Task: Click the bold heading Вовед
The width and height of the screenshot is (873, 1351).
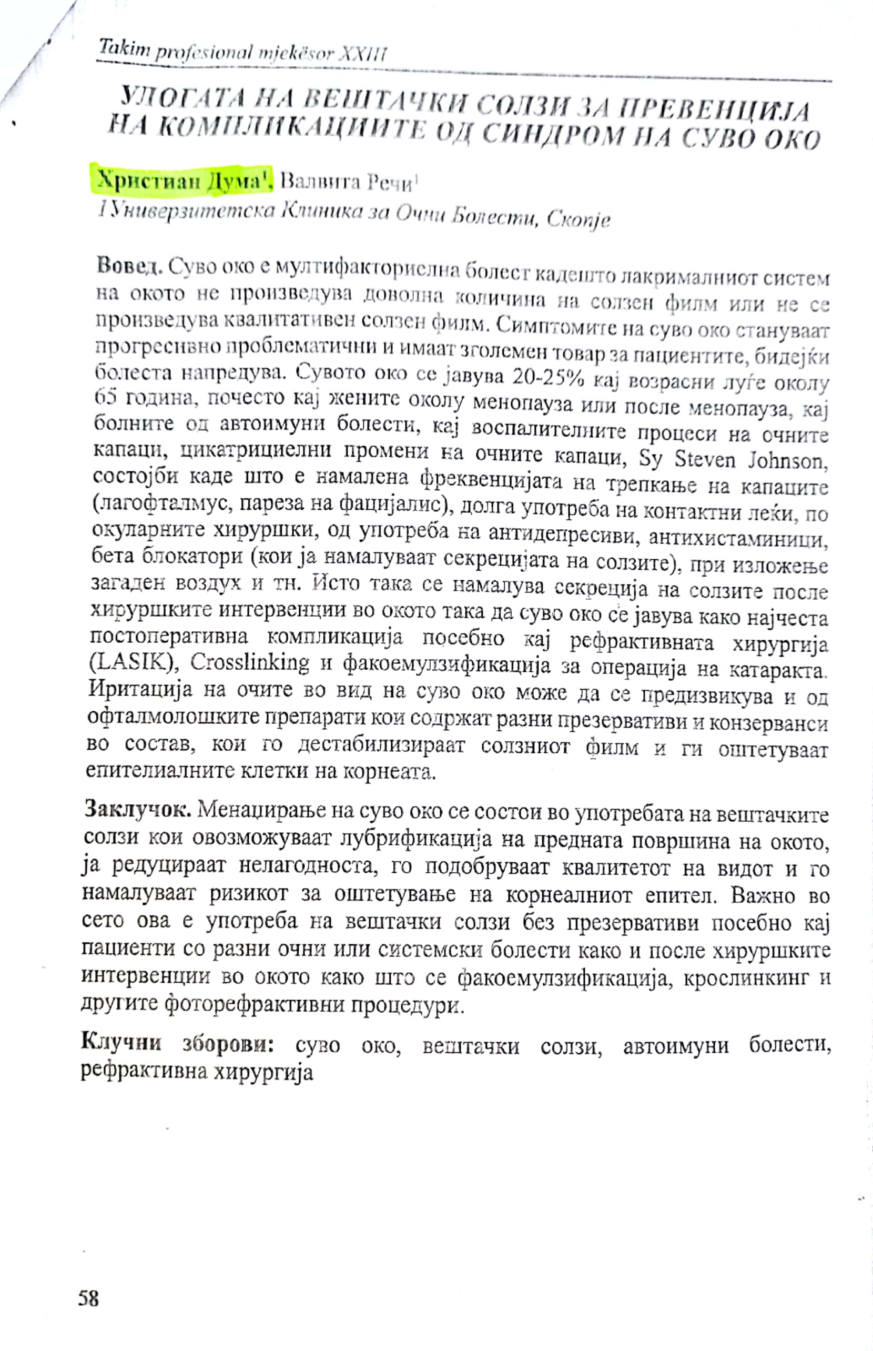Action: point(130,265)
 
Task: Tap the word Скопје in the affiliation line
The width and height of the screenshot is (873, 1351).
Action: point(578,219)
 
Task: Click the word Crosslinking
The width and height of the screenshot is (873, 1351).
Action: point(249,663)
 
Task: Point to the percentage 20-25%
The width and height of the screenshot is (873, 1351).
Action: point(547,377)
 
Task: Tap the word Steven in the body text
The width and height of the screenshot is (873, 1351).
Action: point(705,459)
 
